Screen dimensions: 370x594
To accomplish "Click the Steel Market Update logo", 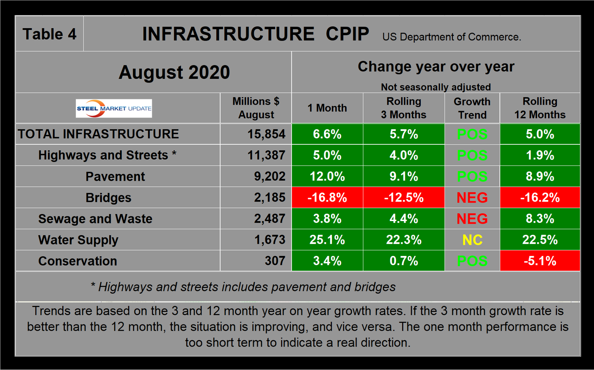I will [x=114, y=109].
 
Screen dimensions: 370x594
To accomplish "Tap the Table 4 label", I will [x=49, y=34].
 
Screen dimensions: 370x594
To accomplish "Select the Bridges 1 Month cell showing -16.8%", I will [x=327, y=198].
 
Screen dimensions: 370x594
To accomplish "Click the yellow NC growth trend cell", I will [x=472, y=240].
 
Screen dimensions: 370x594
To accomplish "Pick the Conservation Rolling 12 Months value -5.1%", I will [x=540, y=261].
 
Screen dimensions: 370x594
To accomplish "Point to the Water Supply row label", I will [x=78, y=240].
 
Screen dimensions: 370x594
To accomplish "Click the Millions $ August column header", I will [x=256, y=108].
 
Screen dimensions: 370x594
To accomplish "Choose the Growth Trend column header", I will [x=472, y=108].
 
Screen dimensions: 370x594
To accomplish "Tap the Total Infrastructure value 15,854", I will [x=266, y=134].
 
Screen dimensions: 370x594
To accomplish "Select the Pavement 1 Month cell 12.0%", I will [x=327, y=177].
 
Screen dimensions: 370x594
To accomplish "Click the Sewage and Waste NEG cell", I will [x=472, y=219].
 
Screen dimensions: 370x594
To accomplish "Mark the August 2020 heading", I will [x=174, y=72].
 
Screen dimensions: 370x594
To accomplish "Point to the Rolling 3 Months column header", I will [x=404, y=108].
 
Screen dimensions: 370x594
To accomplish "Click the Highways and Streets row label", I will [x=107, y=155].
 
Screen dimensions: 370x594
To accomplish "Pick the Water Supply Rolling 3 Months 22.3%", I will [x=404, y=240].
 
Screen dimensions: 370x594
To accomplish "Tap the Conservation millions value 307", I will [x=275, y=261].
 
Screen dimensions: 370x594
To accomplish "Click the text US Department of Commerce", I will [x=451, y=37].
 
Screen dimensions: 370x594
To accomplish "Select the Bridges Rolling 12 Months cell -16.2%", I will [x=540, y=198].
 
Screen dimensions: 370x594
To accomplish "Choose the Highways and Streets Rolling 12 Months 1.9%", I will [x=540, y=155].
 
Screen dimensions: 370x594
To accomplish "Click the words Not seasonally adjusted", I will [x=436, y=87].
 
